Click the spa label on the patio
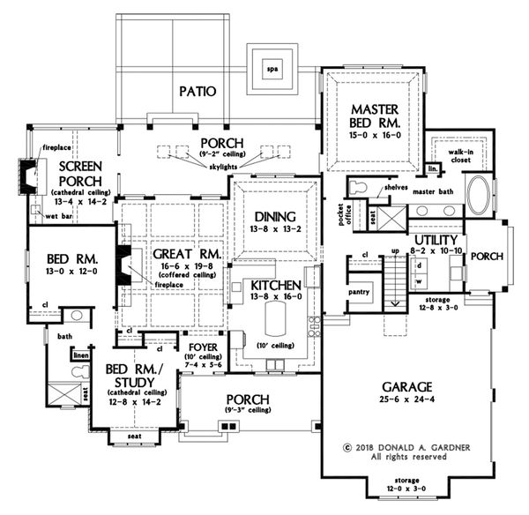pyautogui.click(x=272, y=70)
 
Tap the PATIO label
pyautogui.click(x=197, y=91)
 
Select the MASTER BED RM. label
pyautogui.click(x=376, y=116)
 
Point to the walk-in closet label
pyautogui.click(x=460, y=156)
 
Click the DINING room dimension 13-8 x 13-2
pyautogui.click(x=275, y=229)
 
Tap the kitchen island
pyautogui.click(x=276, y=318)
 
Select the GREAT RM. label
pyautogui.click(x=187, y=254)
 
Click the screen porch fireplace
pyautogui.click(x=27, y=177)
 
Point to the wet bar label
pyautogui.click(x=59, y=216)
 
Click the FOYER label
pyautogui.click(x=203, y=347)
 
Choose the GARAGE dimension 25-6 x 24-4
pyautogui.click(x=406, y=399)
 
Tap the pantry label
pyautogui.click(x=359, y=292)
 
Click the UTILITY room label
pyautogui.click(x=436, y=240)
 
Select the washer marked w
pyautogui.click(x=419, y=281)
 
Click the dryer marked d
pyautogui.click(x=419, y=265)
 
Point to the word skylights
pyautogui.click(x=223, y=167)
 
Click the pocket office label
pyautogui.click(x=344, y=215)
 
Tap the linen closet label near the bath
pyautogui.click(x=81, y=355)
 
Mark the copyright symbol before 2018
pyautogui.click(x=346, y=448)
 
